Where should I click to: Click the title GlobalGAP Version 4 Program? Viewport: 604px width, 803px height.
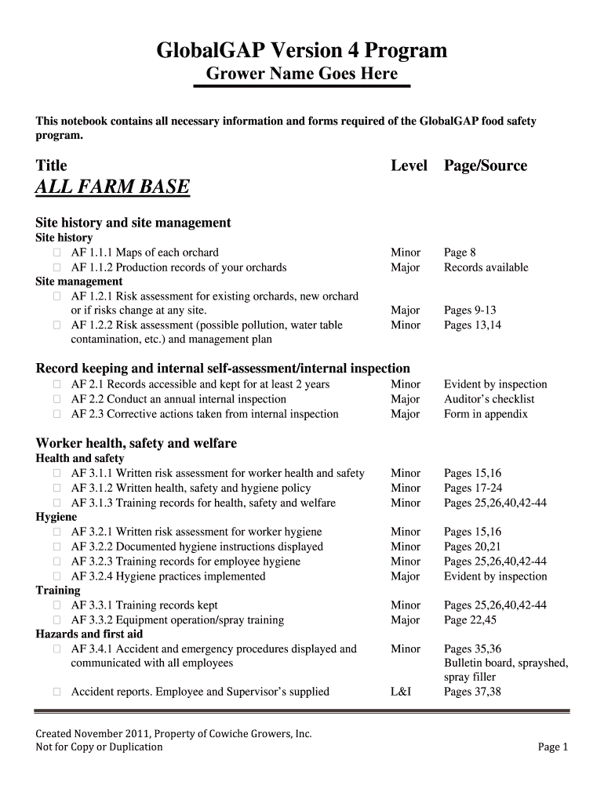point(302,51)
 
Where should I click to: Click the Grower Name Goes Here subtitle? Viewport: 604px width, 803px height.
point(301,74)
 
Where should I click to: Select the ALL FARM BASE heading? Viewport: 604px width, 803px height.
point(113,187)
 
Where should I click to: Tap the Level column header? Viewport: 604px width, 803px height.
point(409,165)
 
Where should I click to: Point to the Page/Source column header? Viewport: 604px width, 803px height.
point(485,165)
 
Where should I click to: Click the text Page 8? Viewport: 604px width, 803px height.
point(460,253)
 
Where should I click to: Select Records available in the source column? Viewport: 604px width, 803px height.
point(486,267)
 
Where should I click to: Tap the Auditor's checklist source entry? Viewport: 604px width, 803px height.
point(489,399)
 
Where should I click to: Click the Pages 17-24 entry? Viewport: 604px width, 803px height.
point(473,488)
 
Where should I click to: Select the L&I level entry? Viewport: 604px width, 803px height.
point(400,692)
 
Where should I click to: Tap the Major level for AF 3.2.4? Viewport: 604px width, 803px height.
point(405,576)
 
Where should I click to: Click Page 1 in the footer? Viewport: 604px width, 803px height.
point(552,747)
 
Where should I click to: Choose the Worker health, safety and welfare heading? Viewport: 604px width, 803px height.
point(136,443)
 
